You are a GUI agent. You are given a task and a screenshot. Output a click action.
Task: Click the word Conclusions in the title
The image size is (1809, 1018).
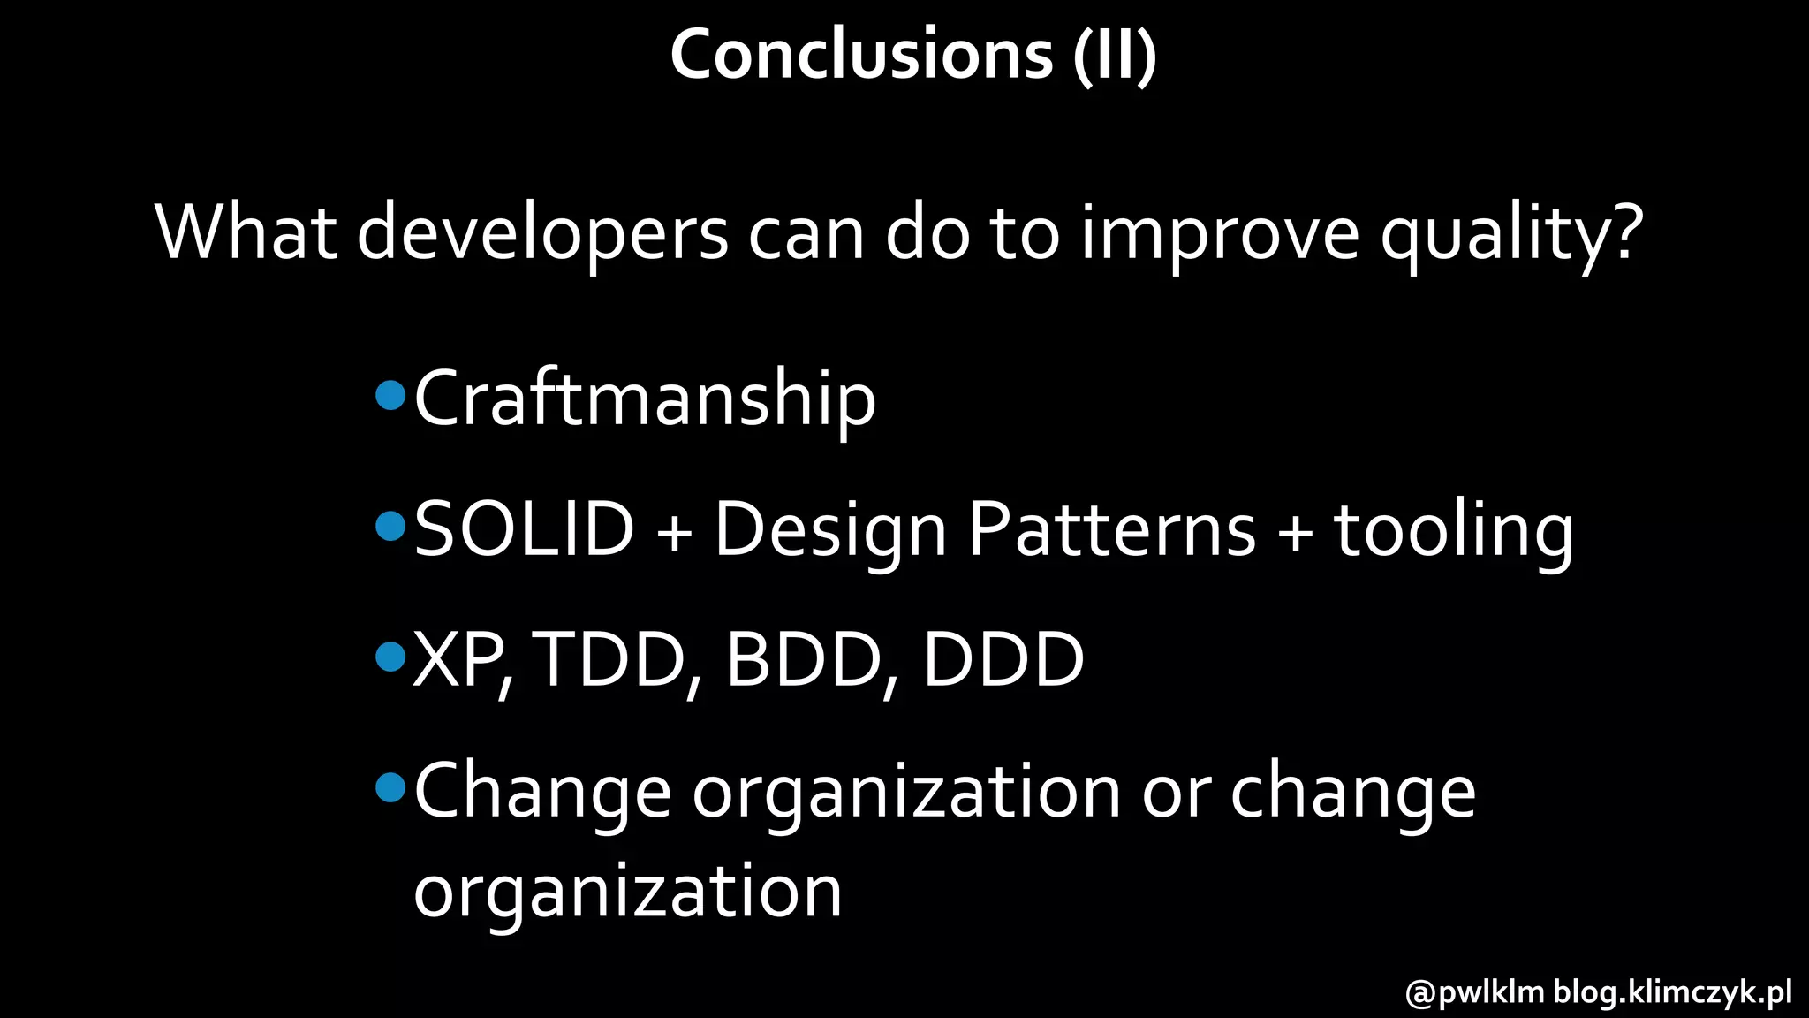point(861,55)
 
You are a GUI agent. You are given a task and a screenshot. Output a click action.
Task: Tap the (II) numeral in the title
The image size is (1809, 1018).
point(1115,55)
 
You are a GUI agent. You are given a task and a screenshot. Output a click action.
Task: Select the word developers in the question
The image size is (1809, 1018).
point(542,233)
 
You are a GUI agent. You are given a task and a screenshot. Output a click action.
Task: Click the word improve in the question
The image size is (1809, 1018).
point(1220,233)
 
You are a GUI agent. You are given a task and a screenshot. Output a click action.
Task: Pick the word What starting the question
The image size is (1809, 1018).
point(246,233)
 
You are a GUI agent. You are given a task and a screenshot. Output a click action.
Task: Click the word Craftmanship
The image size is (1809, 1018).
point(645,399)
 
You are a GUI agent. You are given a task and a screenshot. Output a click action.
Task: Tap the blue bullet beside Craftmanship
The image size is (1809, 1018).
point(390,395)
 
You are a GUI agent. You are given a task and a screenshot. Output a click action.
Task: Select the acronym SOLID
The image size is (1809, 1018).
point(524,529)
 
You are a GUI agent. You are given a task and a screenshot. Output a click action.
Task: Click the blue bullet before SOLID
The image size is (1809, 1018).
point(390,527)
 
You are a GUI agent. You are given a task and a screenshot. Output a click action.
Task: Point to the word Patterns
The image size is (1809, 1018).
point(1111,529)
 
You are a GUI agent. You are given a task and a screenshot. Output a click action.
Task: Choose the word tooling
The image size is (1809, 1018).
point(1453,531)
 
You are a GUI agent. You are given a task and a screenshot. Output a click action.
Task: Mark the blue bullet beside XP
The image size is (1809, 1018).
point(390,657)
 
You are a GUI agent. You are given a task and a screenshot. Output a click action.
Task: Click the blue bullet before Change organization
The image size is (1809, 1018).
point(390,786)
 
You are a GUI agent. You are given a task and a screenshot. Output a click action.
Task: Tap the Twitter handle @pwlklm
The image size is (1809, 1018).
point(1474,992)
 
